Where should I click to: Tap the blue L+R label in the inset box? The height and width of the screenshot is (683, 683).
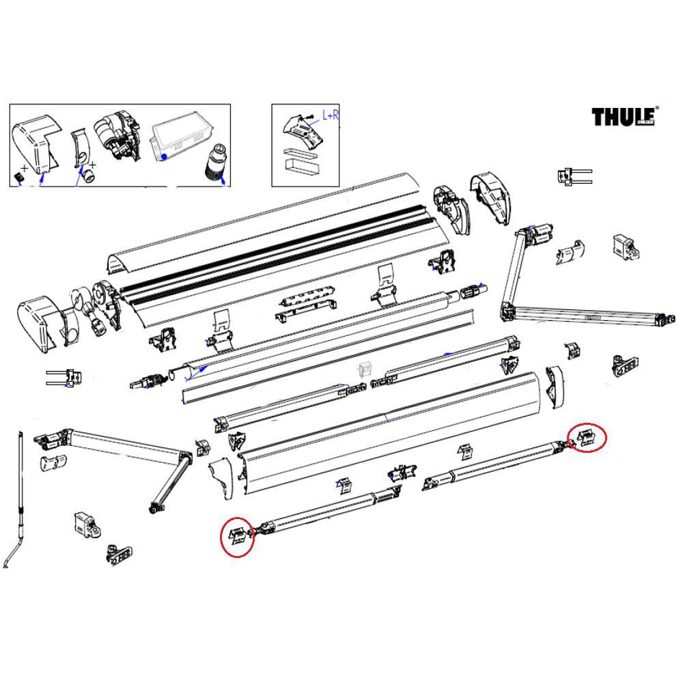point(330,116)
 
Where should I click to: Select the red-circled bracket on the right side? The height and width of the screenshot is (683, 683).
point(586,438)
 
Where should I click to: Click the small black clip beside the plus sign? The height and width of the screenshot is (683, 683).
point(19,177)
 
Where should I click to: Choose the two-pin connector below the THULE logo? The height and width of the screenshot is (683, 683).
point(572,176)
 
